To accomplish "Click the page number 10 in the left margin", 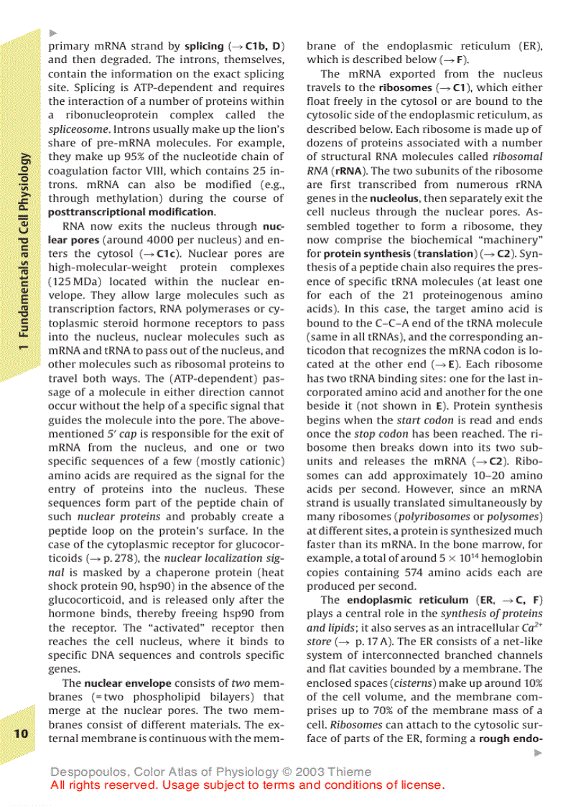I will pos(21,733).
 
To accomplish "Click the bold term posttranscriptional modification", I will pos(131,212).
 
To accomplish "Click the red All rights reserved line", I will pos(248,784).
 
